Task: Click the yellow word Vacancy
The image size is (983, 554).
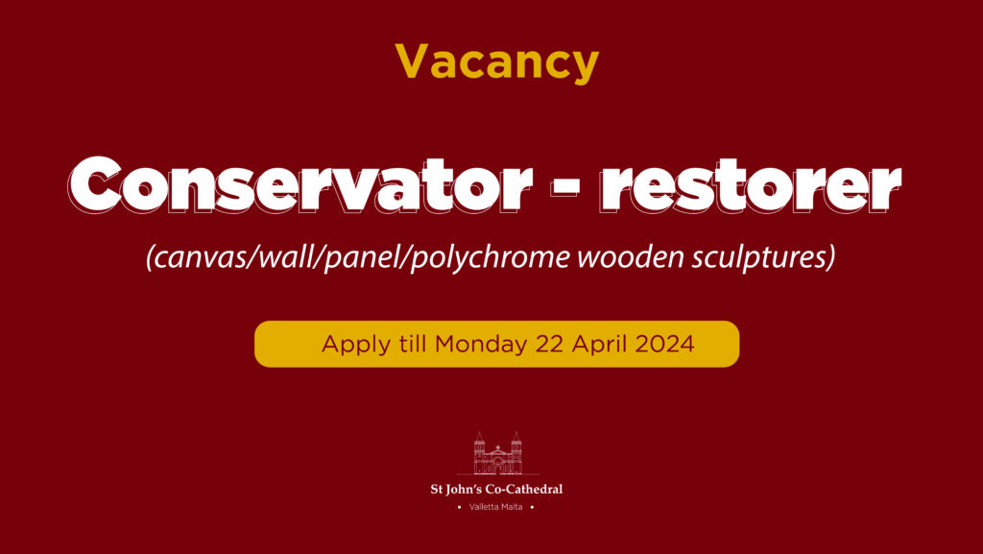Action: [x=496, y=63]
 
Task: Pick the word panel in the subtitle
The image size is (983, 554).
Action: [x=375, y=259]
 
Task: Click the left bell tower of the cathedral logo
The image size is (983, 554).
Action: [x=479, y=454]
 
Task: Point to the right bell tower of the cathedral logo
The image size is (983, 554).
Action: [x=515, y=454]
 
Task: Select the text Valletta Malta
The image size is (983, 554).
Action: [x=496, y=506]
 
